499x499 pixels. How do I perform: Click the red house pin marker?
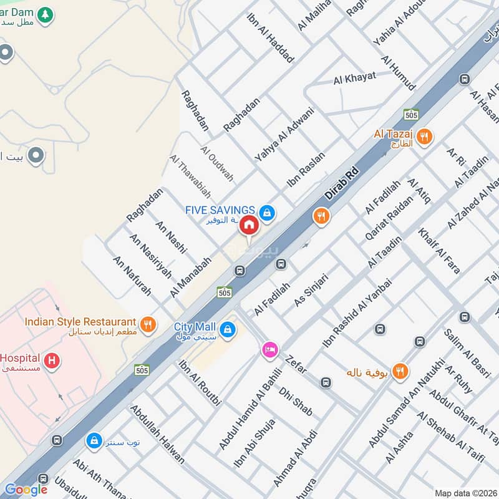click(248, 226)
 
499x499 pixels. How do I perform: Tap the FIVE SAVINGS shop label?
click(220, 210)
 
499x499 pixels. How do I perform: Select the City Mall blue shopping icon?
click(228, 327)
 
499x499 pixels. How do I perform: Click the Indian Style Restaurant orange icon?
click(148, 323)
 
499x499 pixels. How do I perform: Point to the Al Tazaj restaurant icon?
click(424, 136)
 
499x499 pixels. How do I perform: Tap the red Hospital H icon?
click(53, 360)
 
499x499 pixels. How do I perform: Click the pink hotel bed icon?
click(269, 350)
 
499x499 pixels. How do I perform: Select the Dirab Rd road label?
click(343, 182)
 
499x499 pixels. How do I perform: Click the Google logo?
click(26, 490)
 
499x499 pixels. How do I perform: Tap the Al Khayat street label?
click(354, 78)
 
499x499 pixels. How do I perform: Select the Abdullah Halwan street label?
click(157, 434)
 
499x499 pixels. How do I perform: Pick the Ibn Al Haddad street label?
click(270, 38)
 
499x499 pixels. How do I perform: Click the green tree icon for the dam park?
click(44, 14)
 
